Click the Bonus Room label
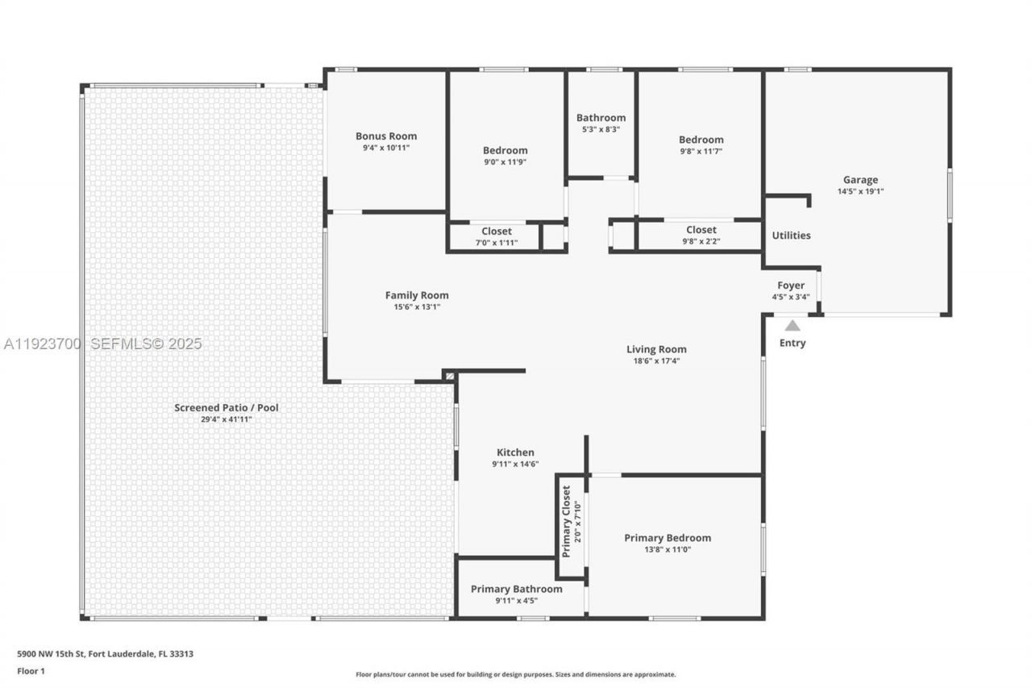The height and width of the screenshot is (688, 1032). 386,136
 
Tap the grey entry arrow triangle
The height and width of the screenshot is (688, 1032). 793,326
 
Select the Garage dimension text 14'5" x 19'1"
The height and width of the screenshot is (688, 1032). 860,192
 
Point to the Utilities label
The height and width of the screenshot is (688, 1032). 791,236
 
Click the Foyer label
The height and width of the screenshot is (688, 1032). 790,286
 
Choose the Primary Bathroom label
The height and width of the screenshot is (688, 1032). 516,589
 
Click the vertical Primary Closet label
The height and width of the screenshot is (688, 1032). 566,521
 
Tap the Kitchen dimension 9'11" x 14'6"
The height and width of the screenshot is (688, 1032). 515,464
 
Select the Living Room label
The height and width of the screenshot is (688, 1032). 656,349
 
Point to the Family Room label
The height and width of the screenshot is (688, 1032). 417,295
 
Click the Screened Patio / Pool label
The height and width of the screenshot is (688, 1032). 227,407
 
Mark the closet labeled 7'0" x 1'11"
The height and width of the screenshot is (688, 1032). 497,236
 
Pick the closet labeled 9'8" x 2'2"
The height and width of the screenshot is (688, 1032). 701,235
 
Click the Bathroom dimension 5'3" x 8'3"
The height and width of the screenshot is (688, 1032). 601,129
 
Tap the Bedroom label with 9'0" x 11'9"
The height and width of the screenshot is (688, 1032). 505,150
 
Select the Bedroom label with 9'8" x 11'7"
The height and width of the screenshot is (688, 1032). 701,140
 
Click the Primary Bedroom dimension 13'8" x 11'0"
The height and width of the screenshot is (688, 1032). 668,550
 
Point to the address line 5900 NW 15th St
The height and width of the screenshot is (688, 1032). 106,654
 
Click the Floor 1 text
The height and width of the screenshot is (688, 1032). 31,670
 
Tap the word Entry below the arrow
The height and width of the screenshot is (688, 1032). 792,343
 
